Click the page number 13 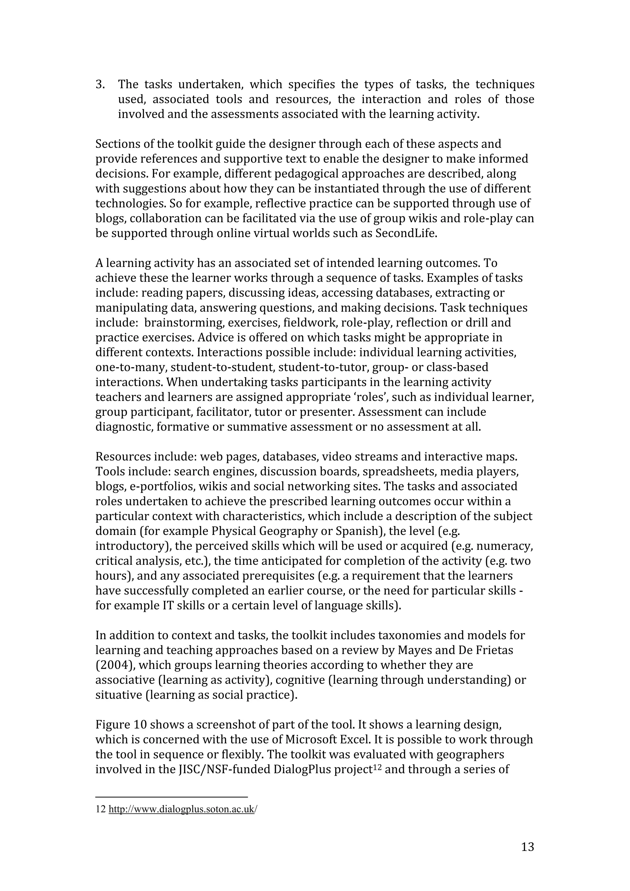(528, 846)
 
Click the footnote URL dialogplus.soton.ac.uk (182, 809)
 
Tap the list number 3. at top (100, 84)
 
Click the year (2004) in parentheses (115, 665)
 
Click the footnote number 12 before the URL (101, 809)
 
